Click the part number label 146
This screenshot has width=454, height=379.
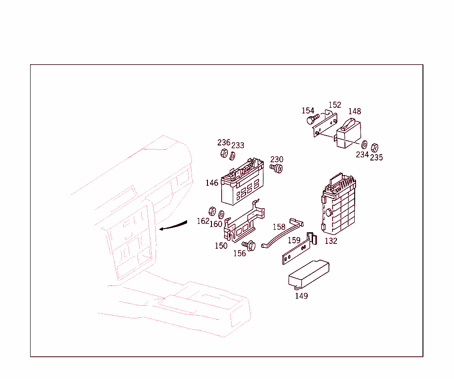click(211, 183)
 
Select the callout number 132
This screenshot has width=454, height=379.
click(331, 241)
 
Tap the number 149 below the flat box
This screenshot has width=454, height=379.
click(301, 296)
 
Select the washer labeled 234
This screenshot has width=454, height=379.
click(364, 145)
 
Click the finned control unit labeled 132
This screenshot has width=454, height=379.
click(339, 206)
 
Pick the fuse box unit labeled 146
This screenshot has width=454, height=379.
click(242, 184)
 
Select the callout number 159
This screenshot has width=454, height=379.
click(294, 241)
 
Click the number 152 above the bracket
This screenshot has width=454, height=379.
click(335, 105)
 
